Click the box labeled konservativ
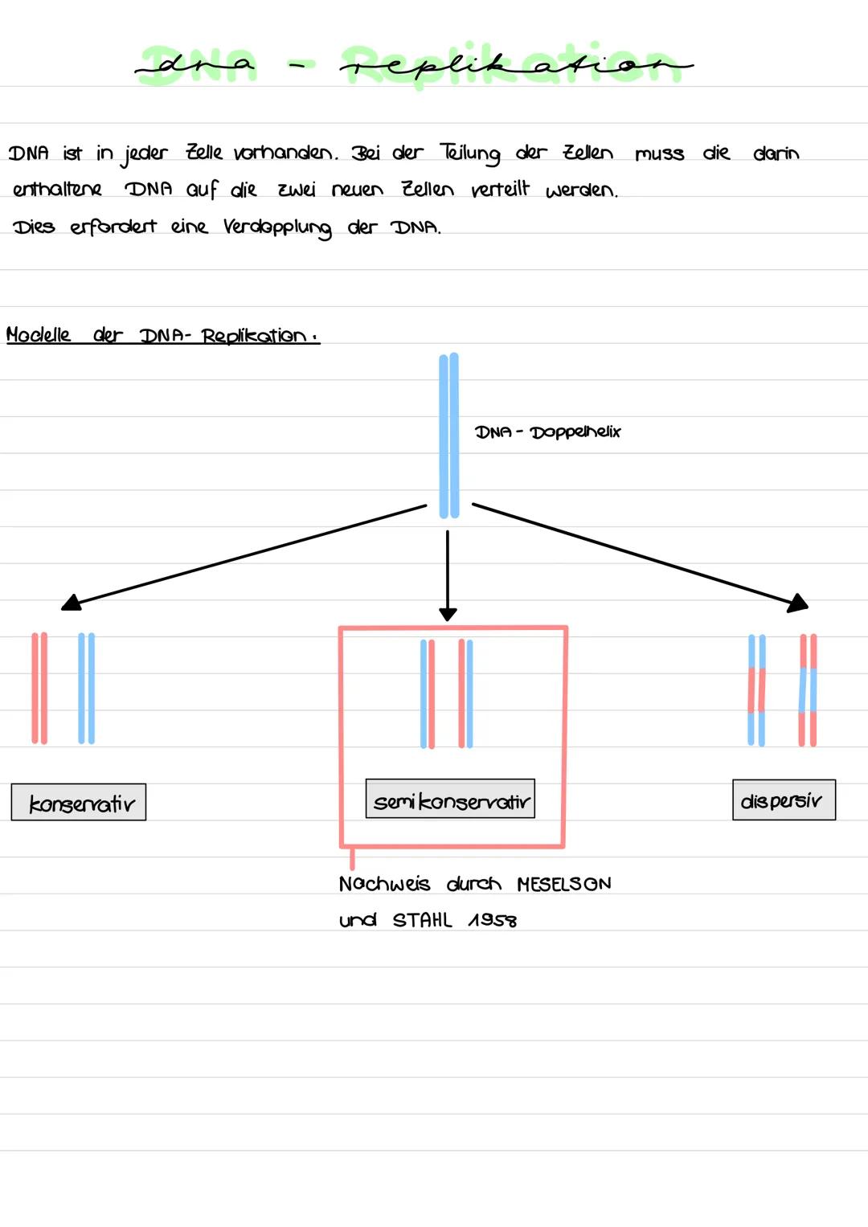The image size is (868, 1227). point(79,802)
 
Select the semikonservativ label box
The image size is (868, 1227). point(450,799)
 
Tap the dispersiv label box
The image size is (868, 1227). point(784,800)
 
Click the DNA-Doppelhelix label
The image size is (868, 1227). point(548,431)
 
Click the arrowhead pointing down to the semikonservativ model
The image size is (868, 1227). point(448,613)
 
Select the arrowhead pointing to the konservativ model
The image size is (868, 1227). point(72,602)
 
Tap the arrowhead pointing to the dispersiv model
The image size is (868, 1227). point(798,603)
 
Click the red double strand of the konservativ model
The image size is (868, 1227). point(39,688)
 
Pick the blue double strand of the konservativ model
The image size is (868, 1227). point(86,688)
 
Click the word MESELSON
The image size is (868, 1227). point(563,884)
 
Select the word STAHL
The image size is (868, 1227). point(422,920)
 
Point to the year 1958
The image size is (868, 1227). point(492,920)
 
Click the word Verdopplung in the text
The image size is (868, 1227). point(277,227)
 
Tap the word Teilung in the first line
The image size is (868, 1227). point(470,153)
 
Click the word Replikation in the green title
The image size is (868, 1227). point(514,64)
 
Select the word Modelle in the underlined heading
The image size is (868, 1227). point(39,334)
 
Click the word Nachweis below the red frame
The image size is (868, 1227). point(384,884)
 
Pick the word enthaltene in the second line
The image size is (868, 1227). point(58,190)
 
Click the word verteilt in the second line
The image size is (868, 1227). point(500,190)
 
